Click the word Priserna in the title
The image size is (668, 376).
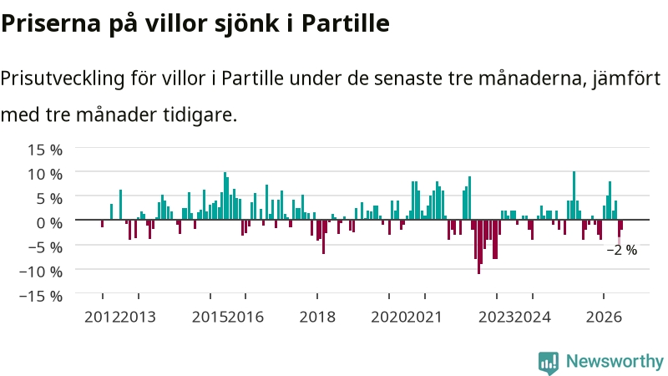pyautogui.click(x=51, y=23)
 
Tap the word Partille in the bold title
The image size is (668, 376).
pyautogui.click(x=346, y=23)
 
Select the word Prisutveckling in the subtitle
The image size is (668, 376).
pyautogui.click(x=63, y=79)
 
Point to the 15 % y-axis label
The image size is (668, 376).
pyautogui.click(x=45, y=150)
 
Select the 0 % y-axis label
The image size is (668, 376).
pyautogui.click(x=49, y=222)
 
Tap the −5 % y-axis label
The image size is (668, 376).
pyautogui.click(x=45, y=246)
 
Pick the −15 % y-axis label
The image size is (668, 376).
pyautogui.click(x=41, y=296)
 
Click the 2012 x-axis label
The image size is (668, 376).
pyautogui.click(x=102, y=318)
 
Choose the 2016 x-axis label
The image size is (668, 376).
pyautogui.click(x=245, y=318)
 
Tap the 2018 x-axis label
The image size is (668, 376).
pyautogui.click(x=317, y=318)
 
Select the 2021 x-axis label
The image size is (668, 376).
pyautogui.click(x=425, y=318)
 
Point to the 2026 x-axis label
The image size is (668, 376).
pyautogui.click(x=604, y=318)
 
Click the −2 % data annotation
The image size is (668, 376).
pyautogui.click(x=622, y=250)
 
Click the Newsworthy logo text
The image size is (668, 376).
pyautogui.click(x=615, y=362)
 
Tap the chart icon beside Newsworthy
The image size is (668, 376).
pyautogui.click(x=549, y=363)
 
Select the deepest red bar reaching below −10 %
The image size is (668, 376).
pyautogui.click(x=478, y=246)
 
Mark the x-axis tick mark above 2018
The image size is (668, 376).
pyautogui.click(x=317, y=296)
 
